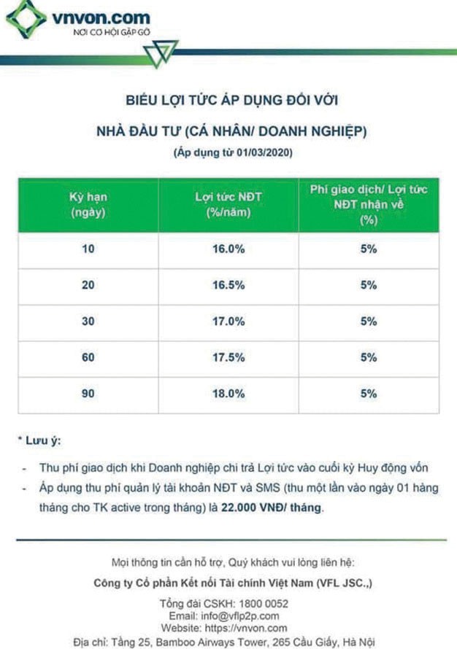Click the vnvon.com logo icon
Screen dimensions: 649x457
click(x=26, y=19)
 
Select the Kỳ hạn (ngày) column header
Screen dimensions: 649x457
click(x=88, y=206)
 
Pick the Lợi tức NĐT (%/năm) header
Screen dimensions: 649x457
click(x=228, y=206)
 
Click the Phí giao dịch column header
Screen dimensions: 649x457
click(x=368, y=205)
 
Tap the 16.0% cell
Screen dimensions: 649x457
click(x=228, y=249)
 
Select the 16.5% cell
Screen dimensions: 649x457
click(x=228, y=286)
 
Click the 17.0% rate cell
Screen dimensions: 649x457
click(x=228, y=322)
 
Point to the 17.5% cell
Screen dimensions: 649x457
click(x=228, y=358)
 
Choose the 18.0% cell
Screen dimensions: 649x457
click(x=228, y=394)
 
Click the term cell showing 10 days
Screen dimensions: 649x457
click(x=88, y=249)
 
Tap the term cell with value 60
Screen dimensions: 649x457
click(x=88, y=358)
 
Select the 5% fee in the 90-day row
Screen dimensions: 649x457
click(x=368, y=394)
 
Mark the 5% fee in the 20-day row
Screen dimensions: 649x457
click(x=368, y=286)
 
